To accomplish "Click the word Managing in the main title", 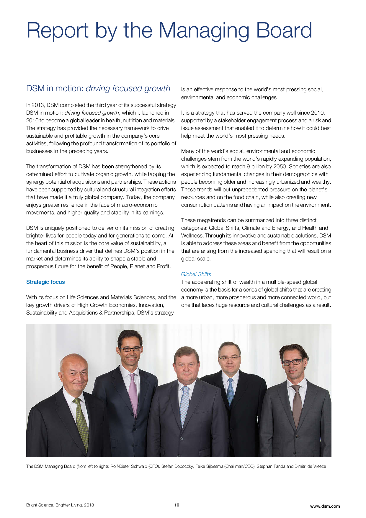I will point(204,30).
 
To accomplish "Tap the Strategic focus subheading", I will point(45,282).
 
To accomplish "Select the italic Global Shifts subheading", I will point(196,274).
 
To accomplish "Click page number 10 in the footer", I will point(177,505).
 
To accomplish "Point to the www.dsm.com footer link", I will point(325,506).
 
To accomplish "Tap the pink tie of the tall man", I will point(133,393).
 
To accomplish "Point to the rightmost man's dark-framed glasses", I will point(292,361).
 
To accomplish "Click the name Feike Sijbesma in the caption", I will point(209,466).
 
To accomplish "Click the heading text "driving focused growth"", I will point(128,88).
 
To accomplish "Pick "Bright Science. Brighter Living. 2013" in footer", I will point(60,505).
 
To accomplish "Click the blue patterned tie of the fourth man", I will point(231,390).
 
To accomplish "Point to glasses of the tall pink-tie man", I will point(130,349).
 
